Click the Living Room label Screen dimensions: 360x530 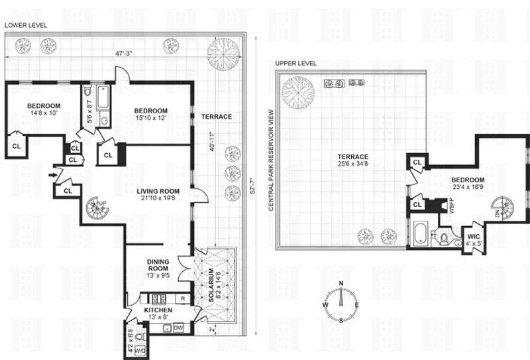click(158, 192)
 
